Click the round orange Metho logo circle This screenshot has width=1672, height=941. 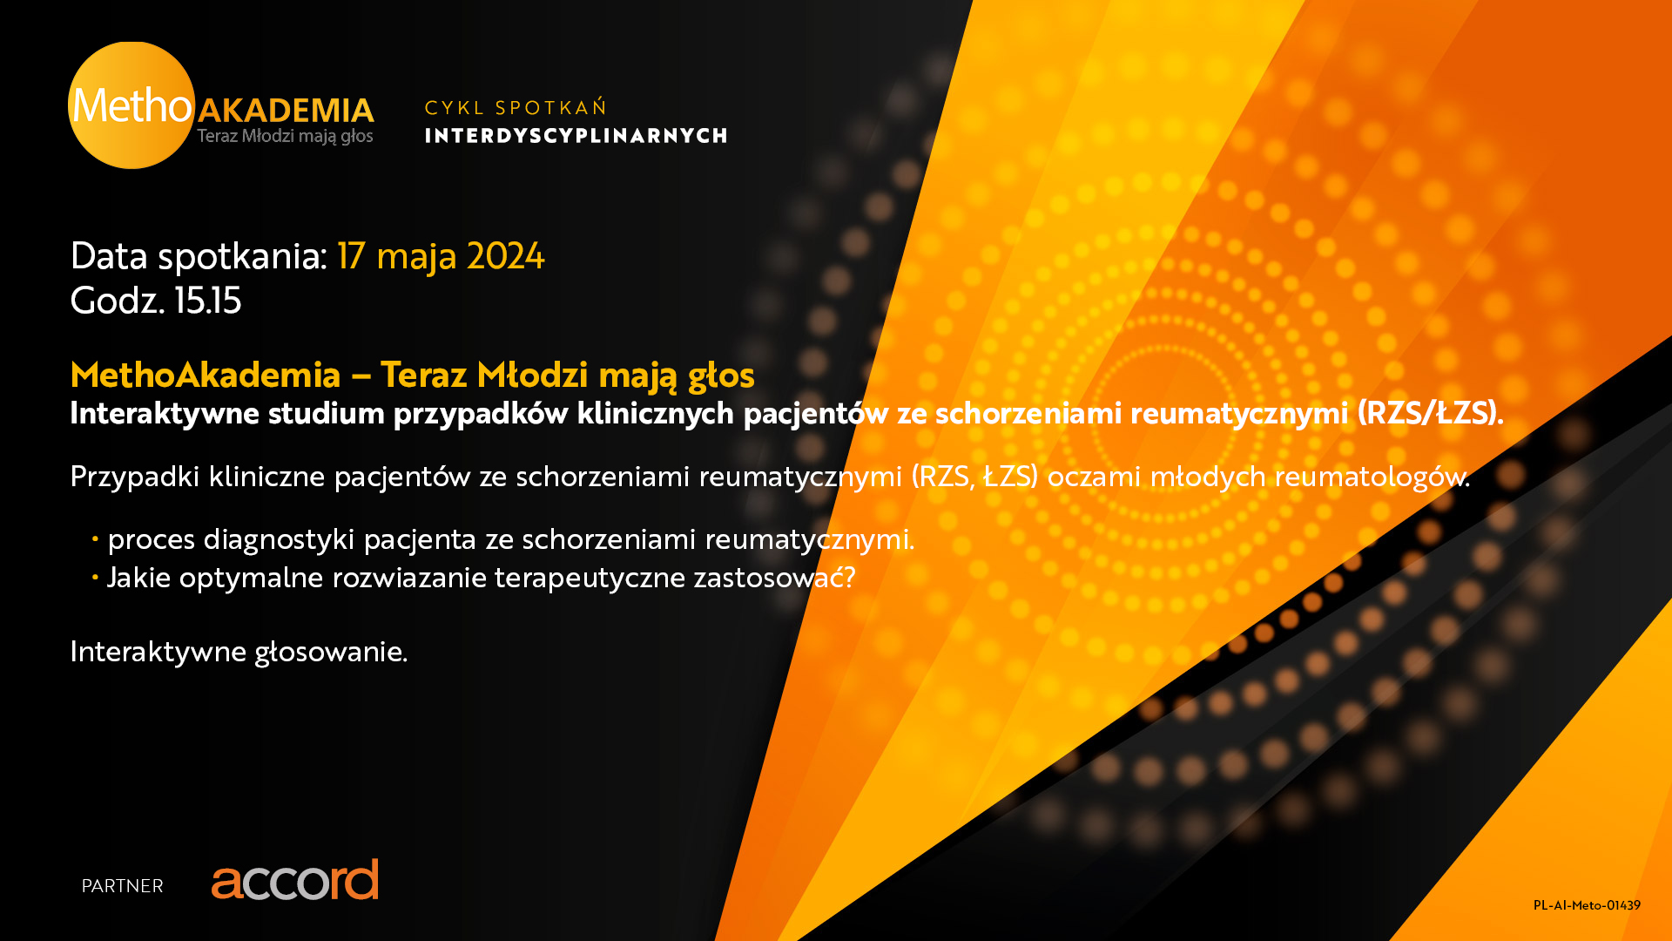(x=131, y=105)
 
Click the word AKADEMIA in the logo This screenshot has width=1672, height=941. (x=286, y=111)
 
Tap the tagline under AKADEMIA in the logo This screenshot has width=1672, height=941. (x=285, y=136)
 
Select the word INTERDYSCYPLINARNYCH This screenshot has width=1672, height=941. (x=576, y=136)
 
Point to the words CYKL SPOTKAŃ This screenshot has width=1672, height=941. (x=516, y=107)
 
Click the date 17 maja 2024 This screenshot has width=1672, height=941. (x=441, y=256)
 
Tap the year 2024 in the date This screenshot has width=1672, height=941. (x=505, y=256)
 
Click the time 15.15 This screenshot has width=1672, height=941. (x=208, y=301)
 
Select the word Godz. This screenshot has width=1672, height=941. (x=118, y=301)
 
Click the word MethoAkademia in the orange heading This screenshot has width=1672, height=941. (x=206, y=375)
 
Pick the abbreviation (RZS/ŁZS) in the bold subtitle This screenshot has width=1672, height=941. (x=1430, y=413)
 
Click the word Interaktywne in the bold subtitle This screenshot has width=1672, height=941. (x=165, y=413)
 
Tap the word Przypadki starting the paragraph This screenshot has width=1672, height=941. (x=135, y=477)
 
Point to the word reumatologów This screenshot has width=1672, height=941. (x=1372, y=477)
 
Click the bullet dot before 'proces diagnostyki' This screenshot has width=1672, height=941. (x=95, y=540)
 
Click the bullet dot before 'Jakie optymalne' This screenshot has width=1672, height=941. (x=95, y=578)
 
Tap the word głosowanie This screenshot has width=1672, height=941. (x=331, y=652)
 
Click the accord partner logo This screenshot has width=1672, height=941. (x=295, y=879)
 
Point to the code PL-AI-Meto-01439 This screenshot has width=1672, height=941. (x=1587, y=905)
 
